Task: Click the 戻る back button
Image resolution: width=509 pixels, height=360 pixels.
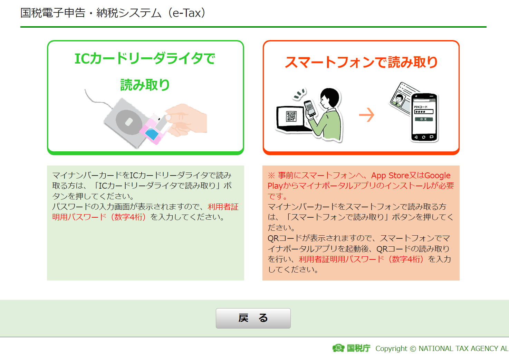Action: pos(253,318)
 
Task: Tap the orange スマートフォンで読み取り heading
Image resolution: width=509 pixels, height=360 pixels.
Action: pos(361,62)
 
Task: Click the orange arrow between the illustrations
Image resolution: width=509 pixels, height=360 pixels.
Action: pos(366,115)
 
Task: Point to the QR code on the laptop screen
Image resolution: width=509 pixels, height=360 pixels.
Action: pos(291,116)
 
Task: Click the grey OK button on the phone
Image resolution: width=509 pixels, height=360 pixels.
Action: pos(424,119)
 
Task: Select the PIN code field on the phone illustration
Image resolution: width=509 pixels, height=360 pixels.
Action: pos(424,112)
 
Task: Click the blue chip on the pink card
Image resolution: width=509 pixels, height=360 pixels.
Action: pos(152,134)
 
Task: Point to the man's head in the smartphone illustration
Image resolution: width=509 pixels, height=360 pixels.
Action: pos(330,97)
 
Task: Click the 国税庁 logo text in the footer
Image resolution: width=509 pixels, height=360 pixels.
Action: pos(358,348)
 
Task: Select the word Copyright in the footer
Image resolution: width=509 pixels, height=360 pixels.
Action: pos(391,348)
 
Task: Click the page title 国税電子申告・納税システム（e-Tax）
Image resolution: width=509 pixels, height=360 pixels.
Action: pos(113,13)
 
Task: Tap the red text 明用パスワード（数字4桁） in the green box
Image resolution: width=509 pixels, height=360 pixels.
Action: pos(99,217)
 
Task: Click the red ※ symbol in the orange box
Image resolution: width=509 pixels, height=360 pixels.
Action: pos(271,176)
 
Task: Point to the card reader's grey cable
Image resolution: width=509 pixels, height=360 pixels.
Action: pos(98,100)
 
